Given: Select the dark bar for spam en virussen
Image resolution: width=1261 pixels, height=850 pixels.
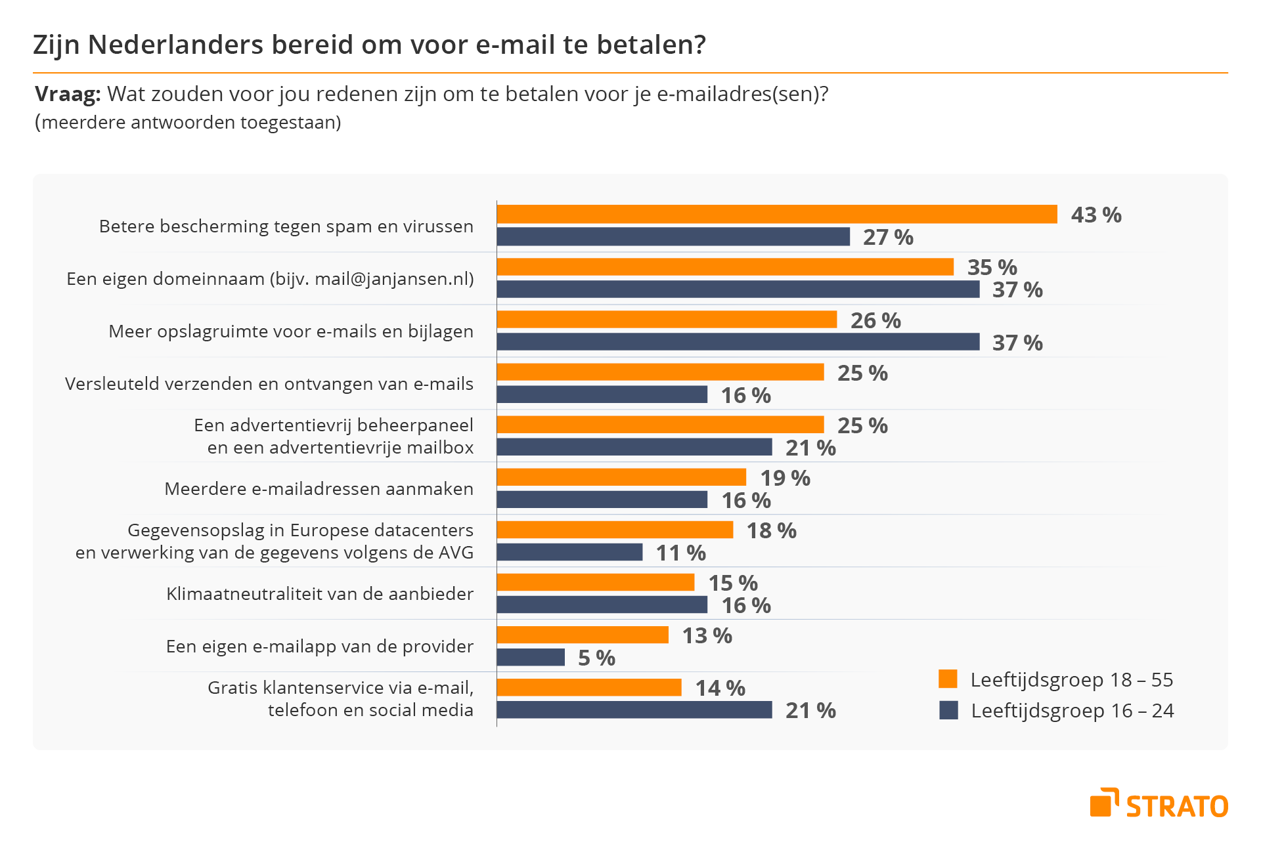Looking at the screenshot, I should click(673, 236).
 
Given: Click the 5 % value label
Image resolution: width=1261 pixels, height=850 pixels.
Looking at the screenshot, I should click(596, 658).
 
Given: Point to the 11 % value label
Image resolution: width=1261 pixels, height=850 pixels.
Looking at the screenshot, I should click(681, 553).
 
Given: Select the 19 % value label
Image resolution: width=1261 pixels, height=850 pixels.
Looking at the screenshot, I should click(785, 478).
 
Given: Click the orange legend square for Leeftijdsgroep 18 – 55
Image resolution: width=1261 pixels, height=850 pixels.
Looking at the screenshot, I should click(948, 679).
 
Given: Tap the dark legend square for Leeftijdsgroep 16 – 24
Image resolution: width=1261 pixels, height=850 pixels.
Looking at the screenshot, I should click(948, 710).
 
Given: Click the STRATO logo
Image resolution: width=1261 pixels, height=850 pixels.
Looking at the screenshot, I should click(1159, 803).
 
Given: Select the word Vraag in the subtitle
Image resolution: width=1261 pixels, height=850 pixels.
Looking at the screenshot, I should click(67, 94).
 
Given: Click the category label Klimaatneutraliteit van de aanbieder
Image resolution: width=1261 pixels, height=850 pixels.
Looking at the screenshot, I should click(320, 593).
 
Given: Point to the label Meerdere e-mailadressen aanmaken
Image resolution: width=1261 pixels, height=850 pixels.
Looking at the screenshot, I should click(319, 488).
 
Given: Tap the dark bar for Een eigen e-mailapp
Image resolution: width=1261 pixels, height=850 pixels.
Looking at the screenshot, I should click(531, 657).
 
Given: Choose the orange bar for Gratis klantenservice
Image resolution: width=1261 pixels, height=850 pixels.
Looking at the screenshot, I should click(589, 687).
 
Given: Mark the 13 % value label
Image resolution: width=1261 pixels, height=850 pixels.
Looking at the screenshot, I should click(707, 635).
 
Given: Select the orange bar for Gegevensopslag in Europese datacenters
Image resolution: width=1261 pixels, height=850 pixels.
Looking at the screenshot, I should click(615, 530).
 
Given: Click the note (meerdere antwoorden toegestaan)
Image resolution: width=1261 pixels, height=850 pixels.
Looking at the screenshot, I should click(188, 122).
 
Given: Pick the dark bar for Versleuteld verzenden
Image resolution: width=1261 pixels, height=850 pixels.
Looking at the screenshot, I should click(602, 394).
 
